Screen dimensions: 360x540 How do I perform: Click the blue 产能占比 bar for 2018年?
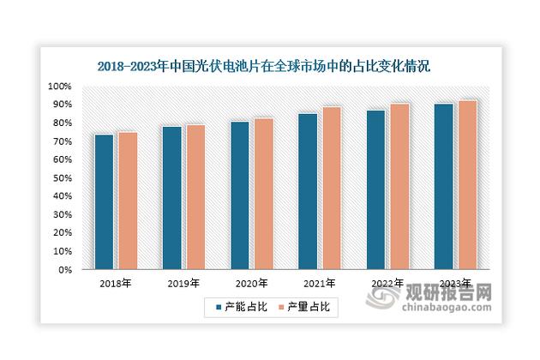click(x=104, y=202)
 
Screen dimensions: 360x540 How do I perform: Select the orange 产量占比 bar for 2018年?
click(x=127, y=201)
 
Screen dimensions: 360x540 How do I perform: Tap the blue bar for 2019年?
click(x=171, y=198)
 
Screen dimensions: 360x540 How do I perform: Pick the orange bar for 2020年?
click(x=263, y=194)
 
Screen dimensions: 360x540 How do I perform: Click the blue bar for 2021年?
click(x=307, y=192)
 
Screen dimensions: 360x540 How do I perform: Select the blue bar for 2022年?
click(x=375, y=190)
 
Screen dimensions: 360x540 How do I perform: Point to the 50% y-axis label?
click(x=61, y=178)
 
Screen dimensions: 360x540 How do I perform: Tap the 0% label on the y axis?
click(x=63, y=270)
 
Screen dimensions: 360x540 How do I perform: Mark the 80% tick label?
click(x=61, y=123)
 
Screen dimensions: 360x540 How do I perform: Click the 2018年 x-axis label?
click(x=115, y=283)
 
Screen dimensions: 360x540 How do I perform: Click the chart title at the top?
click(x=263, y=65)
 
